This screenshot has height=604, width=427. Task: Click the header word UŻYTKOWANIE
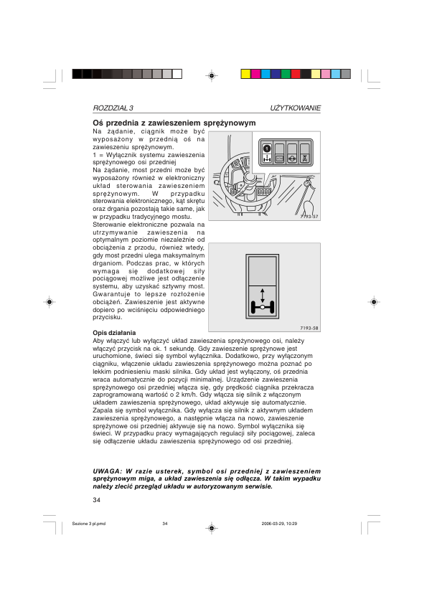pyautogui.click(x=296, y=108)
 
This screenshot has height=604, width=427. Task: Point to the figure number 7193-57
pyautogui.click(x=309, y=216)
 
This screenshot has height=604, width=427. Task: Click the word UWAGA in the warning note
pyautogui.click(x=106, y=471)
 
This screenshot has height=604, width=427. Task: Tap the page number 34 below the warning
pyautogui.click(x=97, y=499)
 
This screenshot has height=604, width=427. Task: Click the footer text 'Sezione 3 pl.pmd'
pyautogui.click(x=89, y=524)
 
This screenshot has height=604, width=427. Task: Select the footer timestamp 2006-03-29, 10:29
pyautogui.click(x=280, y=524)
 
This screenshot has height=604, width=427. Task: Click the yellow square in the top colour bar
pyautogui.click(x=245, y=74)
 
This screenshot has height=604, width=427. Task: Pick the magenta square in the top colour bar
pyautogui.click(x=255, y=74)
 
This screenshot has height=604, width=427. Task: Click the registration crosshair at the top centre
pyautogui.click(x=212, y=74)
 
